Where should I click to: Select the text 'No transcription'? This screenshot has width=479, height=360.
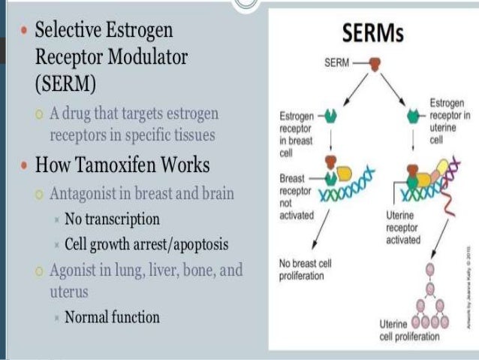112,219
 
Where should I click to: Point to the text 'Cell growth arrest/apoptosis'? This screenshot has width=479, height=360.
146,244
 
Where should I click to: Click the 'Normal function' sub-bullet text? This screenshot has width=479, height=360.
112,317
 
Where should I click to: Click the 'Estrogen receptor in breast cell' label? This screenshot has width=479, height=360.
295,133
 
